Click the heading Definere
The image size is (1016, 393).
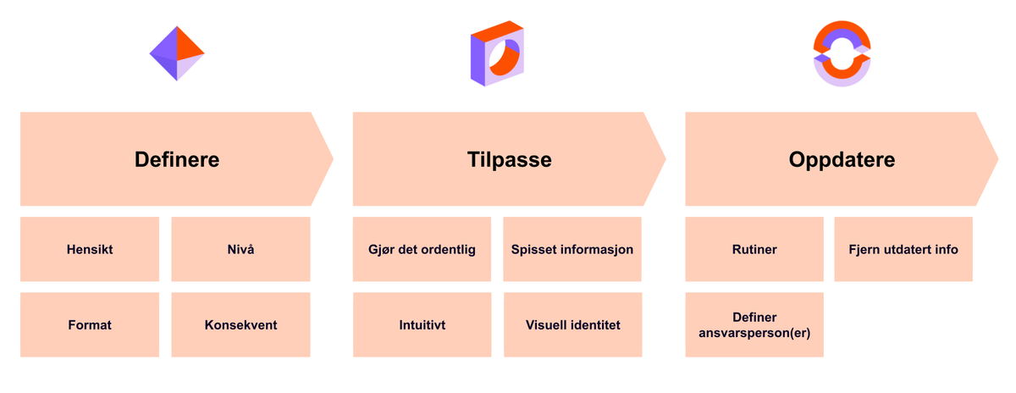(x=177, y=159)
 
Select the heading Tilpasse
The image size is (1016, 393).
(x=509, y=159)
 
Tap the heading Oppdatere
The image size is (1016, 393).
(x=842, y=159)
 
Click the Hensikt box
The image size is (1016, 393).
(x=90, y=250)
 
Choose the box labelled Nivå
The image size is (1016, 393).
(x=240, y=250)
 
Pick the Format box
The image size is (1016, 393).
(x=90, y=324)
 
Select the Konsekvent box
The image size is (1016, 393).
(x=240, y=324)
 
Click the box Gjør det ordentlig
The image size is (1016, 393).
(x=422, y=250)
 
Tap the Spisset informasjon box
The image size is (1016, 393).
(x=572, y=250)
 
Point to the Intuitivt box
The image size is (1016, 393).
(x=422, y=324)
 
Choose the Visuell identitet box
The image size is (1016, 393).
(x=572, y=324)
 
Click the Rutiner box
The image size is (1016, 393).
(x=754, y=250)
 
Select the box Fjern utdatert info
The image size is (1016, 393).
(x=903, y=250)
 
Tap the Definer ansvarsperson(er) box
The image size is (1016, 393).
(x=754, y=325)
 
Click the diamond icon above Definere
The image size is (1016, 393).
(x=177, y=53)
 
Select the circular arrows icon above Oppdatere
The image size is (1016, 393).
(x=842, y=53)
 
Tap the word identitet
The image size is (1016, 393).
(x=595, y=324)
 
